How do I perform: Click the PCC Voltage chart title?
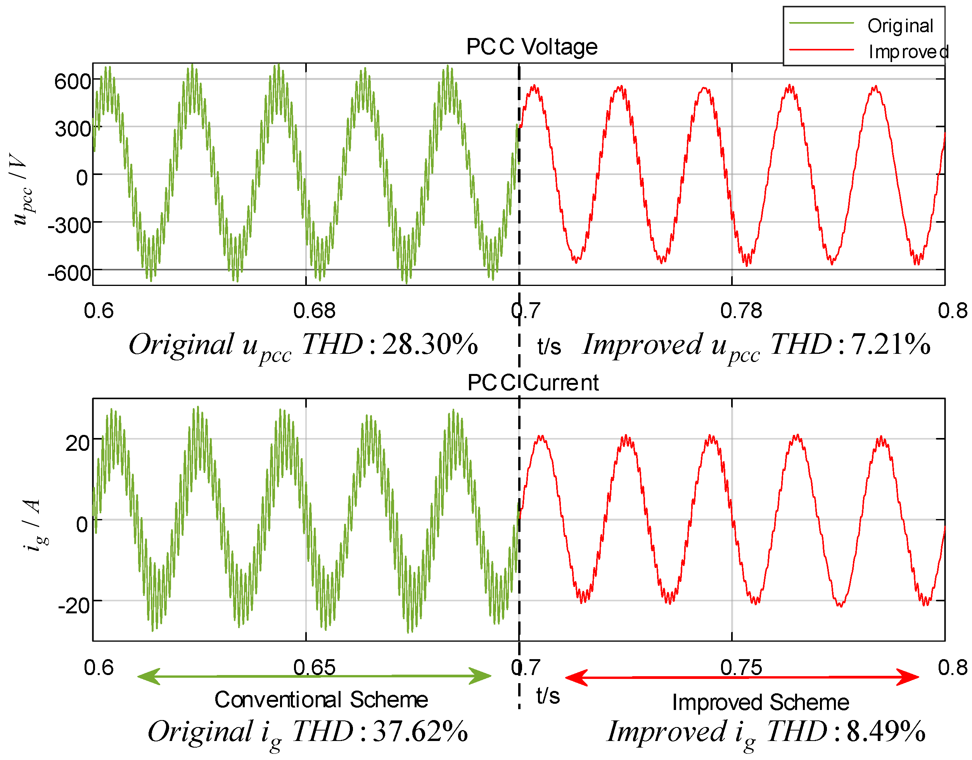pos(531,47)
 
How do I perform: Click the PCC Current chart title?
pos(533,383)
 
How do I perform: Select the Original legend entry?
pos(900,26)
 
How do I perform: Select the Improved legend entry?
pos(908,52)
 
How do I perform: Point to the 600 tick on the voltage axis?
pos(73,81)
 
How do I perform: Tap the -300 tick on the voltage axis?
pos(69,225)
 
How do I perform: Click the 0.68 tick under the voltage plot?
pos(314,310)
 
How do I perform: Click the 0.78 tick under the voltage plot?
pos(740,310)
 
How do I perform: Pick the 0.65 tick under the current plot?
pos(314,667)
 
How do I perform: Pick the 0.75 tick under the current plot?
pos(740,667)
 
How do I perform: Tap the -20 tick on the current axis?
pos(74,605)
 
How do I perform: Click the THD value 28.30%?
pos(429,344)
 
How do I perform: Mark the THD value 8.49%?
pos(885,732)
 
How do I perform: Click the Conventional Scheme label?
pos(321,699)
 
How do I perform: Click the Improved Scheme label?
pos(760,702)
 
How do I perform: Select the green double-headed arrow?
pos(314,676)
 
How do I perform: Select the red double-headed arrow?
pos(742,677)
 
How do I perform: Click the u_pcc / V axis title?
pos(21,189)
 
